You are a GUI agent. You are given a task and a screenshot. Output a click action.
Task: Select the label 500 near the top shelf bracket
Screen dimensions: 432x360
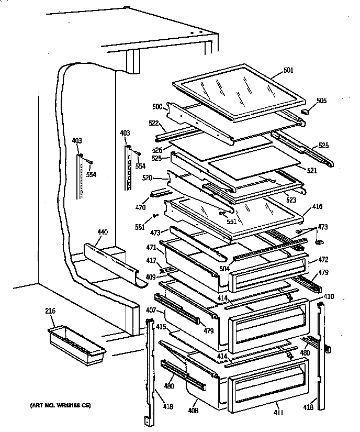point(156,106)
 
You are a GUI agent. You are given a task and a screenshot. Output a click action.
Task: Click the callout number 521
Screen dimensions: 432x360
point(312,171)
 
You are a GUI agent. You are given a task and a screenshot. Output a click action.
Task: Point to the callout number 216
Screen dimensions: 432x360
point(50,312)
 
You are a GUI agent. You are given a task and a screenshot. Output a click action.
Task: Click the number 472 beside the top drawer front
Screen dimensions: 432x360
point(323,259)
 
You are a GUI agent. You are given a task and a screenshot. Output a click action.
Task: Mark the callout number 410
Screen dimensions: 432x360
point(329,296)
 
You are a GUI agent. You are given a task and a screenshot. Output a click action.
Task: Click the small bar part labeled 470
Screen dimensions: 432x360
point(157,193)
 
